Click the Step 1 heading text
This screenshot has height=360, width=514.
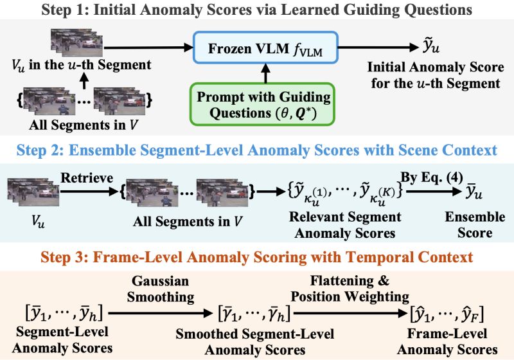click(x=257, y=10)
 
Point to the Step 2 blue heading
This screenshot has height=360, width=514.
click(x=257, y=150)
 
